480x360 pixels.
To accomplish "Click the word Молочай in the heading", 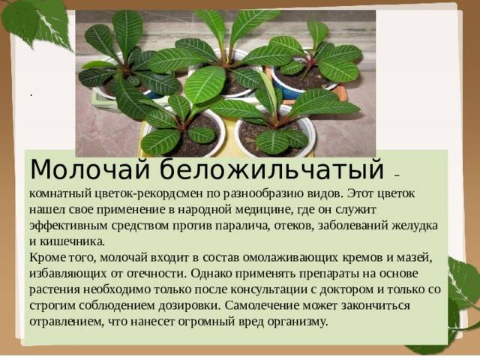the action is pyautogui.click(x=90, y=169).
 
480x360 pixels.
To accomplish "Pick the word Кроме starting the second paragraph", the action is pyautogui.click(x=47, y=258).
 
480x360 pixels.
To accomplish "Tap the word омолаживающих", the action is pyautogui.click(x=290, y=258).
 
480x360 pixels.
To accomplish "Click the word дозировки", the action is pyautogui.click(x=190, y=305).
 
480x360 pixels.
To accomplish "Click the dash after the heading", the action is pyautogui.click(x=397, y=175).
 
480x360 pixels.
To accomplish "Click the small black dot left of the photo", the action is pyautogui.click(x=31, y=95).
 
